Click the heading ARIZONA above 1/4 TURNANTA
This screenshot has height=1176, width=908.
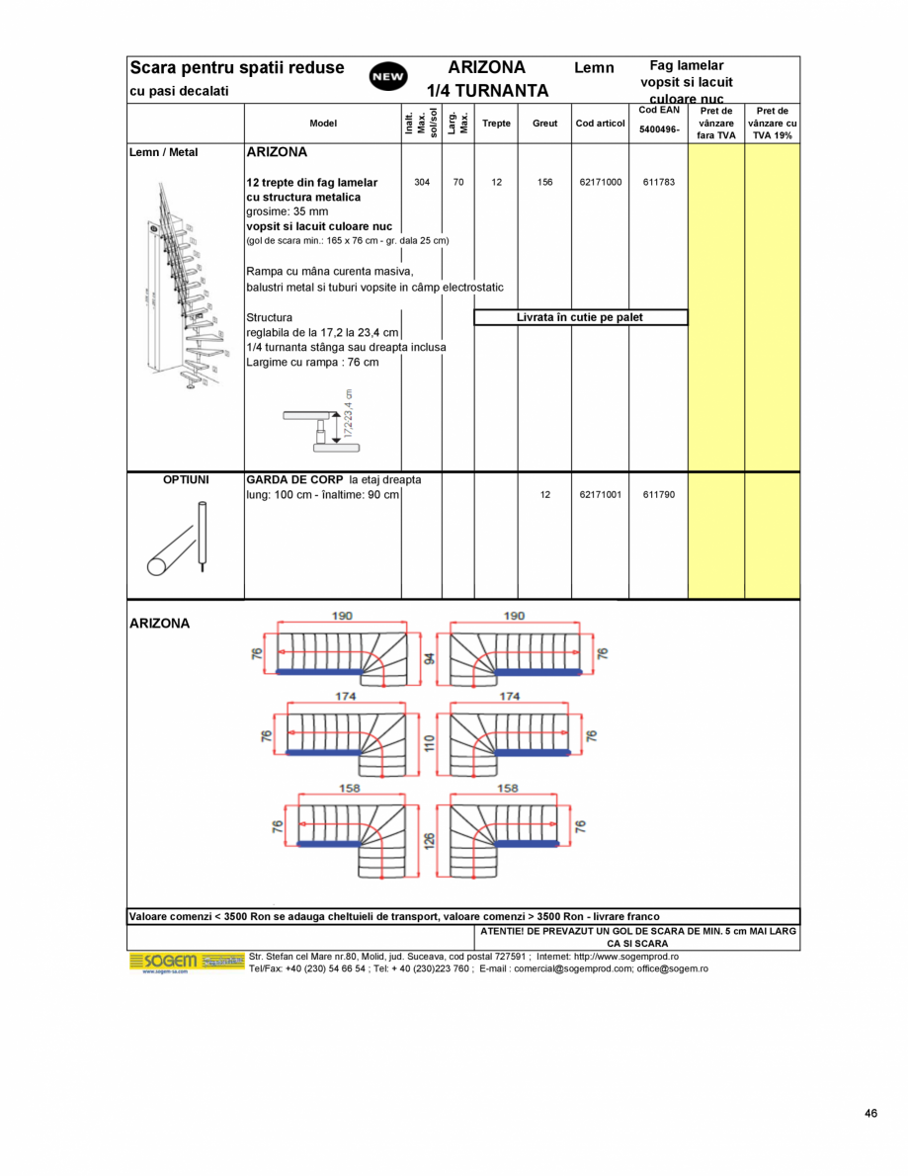(x=486, y=67)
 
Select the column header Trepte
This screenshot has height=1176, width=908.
(x=496, y=124)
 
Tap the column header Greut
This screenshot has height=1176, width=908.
(x=544, y=124)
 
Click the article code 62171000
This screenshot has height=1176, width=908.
(x=601, y=183)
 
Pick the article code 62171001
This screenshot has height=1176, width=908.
(x=601, y=494)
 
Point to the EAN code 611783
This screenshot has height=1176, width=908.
(x=658, y=183)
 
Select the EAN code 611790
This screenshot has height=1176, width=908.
(x=658, y=494)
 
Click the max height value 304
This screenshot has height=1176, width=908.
(x=422, y=183)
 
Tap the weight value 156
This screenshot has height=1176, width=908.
(x=544, y=183)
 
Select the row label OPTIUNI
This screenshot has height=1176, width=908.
(x=186, y=479)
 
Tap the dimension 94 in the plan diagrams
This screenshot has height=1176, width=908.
(x=428, y=658)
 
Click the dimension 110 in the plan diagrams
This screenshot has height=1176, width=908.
(x=428, y=742)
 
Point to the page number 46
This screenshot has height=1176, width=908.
(x=869, y=1114)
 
